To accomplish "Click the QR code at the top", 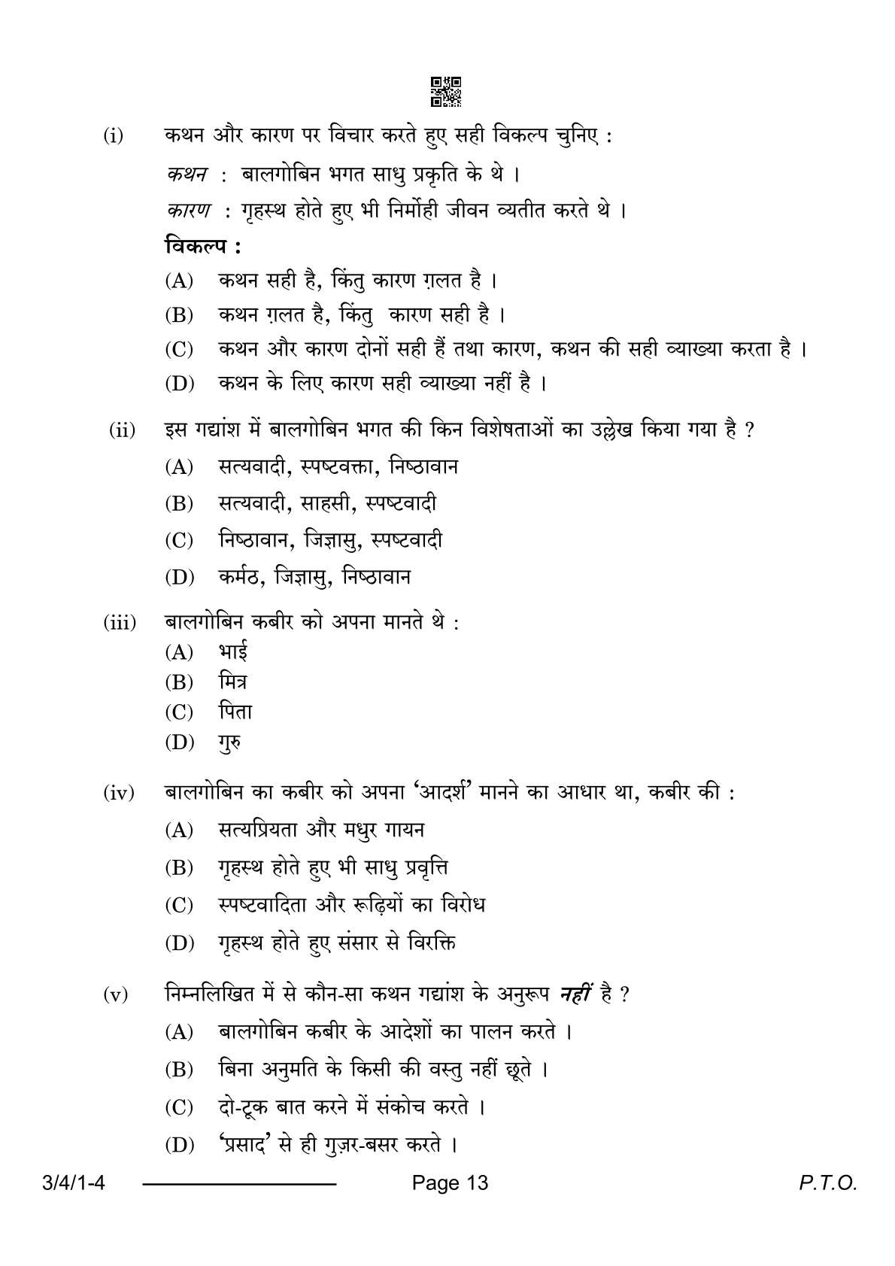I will coord(446,91).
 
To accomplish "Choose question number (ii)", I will coord(122,430).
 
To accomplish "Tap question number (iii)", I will coord(120,623).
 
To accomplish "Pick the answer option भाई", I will coord(233,651).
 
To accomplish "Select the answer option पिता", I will coord(235,712).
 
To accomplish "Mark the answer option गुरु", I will coord(230,743).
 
